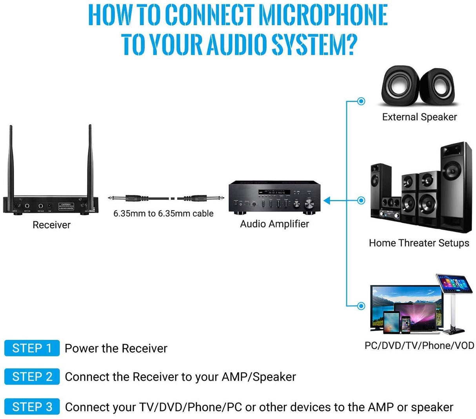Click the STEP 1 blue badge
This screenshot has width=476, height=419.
coord(32,348)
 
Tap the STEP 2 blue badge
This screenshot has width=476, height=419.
coord(32,377)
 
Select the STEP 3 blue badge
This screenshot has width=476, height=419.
coord(32,407)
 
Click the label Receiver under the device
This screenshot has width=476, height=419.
coord(51,225)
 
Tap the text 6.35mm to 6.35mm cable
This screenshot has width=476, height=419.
coord(164,213)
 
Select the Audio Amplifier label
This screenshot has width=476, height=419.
coord(274,224)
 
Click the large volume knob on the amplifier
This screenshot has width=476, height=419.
coord(310,203)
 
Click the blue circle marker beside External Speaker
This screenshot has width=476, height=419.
coord(361,101)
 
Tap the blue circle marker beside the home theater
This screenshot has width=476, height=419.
coord(361,200)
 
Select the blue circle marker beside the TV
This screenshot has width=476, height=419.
coord(361,306)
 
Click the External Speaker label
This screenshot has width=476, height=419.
coord(419,117)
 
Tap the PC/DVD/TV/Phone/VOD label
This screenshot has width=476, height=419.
coord(419,345)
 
